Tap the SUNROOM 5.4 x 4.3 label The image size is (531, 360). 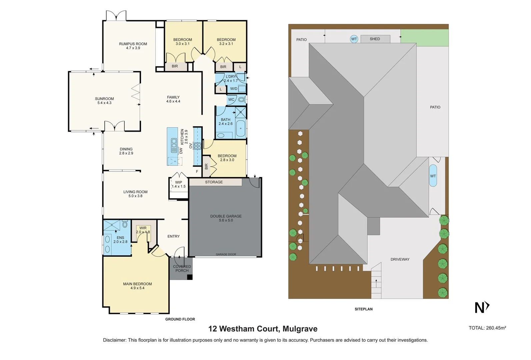pos(104,101)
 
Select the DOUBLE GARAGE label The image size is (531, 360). pos(226,218)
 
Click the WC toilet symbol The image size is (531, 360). pos(242,99)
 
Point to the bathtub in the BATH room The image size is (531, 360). pos(240,129)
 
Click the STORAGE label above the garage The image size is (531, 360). pos(214,182)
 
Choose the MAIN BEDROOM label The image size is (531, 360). pos(137,286)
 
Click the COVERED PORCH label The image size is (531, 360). pos(182,268)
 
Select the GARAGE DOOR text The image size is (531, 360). pos(226,254)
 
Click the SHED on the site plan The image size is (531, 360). pos(375,39)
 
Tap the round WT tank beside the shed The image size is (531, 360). pos(354,39)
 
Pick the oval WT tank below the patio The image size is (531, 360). pos(433,176)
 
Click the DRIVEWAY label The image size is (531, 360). pos(400,259)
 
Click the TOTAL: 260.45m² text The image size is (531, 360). pos(487,328)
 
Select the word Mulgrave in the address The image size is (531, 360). pos(300,329)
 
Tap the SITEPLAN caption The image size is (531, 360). pos(364,309)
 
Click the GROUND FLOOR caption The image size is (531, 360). pos(180,319)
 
